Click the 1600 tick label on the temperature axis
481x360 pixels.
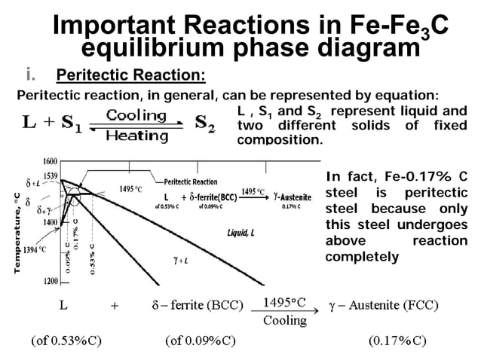click(50, 162)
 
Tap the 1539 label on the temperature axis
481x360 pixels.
click(50, 175)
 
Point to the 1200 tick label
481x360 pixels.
click(50, 281)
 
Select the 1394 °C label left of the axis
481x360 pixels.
click(33, 249)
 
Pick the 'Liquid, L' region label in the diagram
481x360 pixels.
click(242, 232)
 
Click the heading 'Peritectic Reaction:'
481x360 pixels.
click(130, 76)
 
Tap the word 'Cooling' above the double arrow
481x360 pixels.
click(136, 115)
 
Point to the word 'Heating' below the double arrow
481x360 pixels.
click(136, 136)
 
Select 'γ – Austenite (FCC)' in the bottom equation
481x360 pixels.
click(384, 305)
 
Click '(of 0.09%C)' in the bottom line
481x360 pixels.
click(200, 340)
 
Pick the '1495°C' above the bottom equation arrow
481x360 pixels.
click(284, 303)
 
